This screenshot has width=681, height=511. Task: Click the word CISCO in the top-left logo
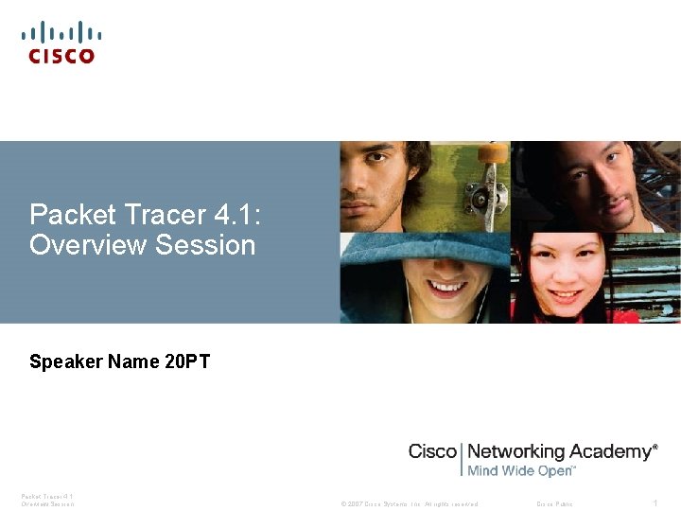pos(61,56)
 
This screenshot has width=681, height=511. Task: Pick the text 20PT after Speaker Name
pos(187,361)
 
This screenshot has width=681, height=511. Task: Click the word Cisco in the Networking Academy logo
pos(432,451)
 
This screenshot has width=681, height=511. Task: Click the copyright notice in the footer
pos(409,503)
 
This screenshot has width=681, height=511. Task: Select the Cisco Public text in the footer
pos(554,503)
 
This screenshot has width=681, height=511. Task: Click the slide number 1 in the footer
pos(655,502)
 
